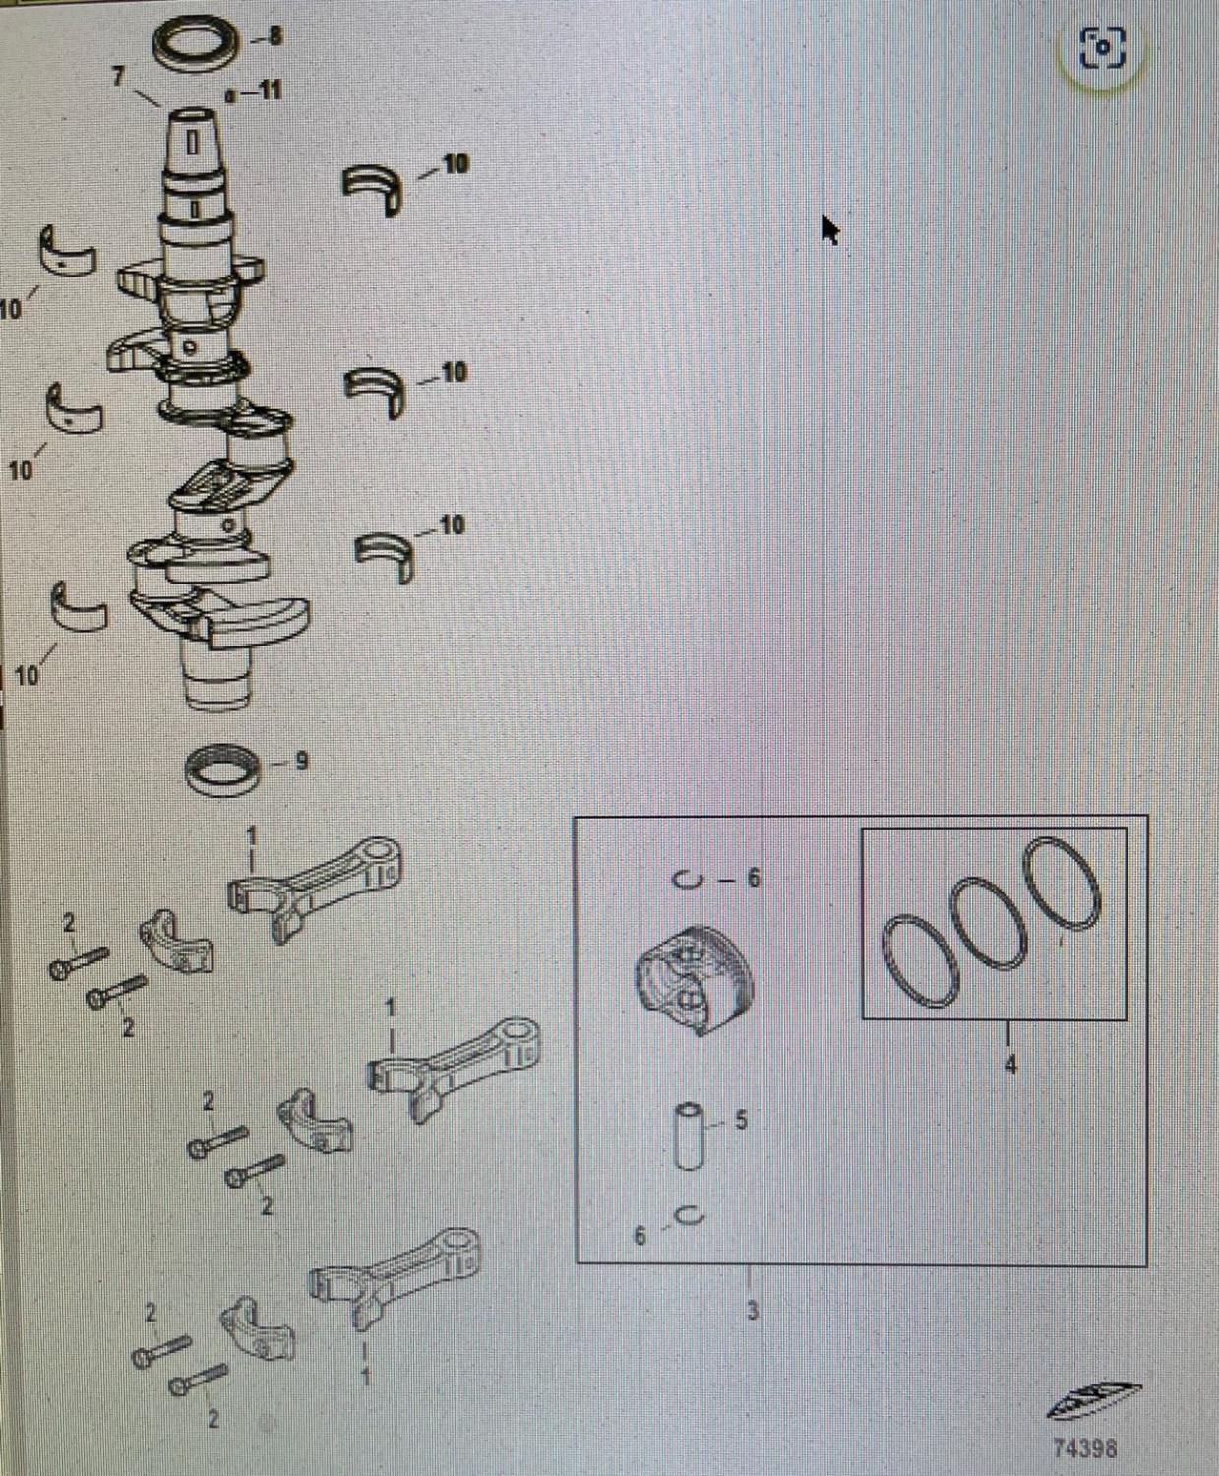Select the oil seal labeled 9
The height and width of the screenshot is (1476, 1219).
pos(222,769)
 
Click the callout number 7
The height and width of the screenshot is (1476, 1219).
pos(119,76)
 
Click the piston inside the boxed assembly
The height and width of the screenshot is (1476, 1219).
pos(694,980)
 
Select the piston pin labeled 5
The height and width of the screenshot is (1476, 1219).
pos(691,1136)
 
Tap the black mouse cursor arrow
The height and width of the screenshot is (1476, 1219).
pos(829,229)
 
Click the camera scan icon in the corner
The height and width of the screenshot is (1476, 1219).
pos(1102,47)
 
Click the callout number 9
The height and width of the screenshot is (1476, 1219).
pos(302,762)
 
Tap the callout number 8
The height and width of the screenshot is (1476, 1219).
pos(275,36)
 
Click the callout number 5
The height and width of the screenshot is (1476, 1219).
pos(741,1120)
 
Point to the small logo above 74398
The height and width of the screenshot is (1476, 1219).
pos(1094,1400)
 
